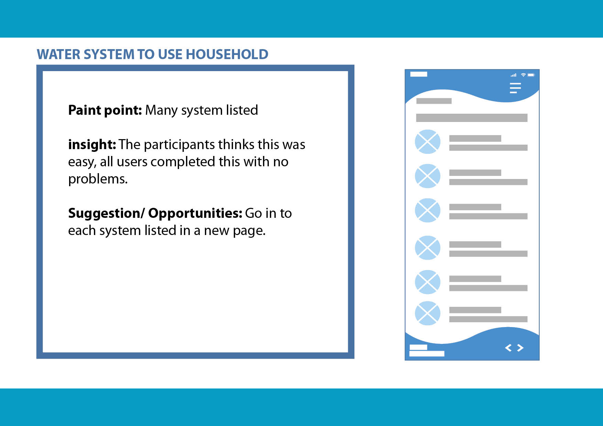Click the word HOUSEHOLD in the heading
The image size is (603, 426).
coord(227,54)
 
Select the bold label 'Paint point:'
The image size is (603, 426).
coord(105,110)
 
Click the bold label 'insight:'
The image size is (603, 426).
coord(92,144)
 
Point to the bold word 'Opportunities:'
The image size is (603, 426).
coord(195,213)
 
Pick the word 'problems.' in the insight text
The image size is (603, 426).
coord(98,179)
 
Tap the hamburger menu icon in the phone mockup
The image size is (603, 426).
coord(515,88)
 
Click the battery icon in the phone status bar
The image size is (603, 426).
coord(531,75)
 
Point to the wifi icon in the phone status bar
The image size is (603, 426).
coord(523,75)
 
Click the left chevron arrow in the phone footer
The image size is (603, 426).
coord(508,348)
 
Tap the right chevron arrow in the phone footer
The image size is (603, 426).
coord(520,348)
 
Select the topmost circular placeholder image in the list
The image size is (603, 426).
coord(428,142)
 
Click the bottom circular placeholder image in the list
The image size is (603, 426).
coord(428,313)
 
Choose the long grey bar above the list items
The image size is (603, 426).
coord(472,118)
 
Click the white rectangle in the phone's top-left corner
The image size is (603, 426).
coord(419,74)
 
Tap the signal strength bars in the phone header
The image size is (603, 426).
coord(514,75)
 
